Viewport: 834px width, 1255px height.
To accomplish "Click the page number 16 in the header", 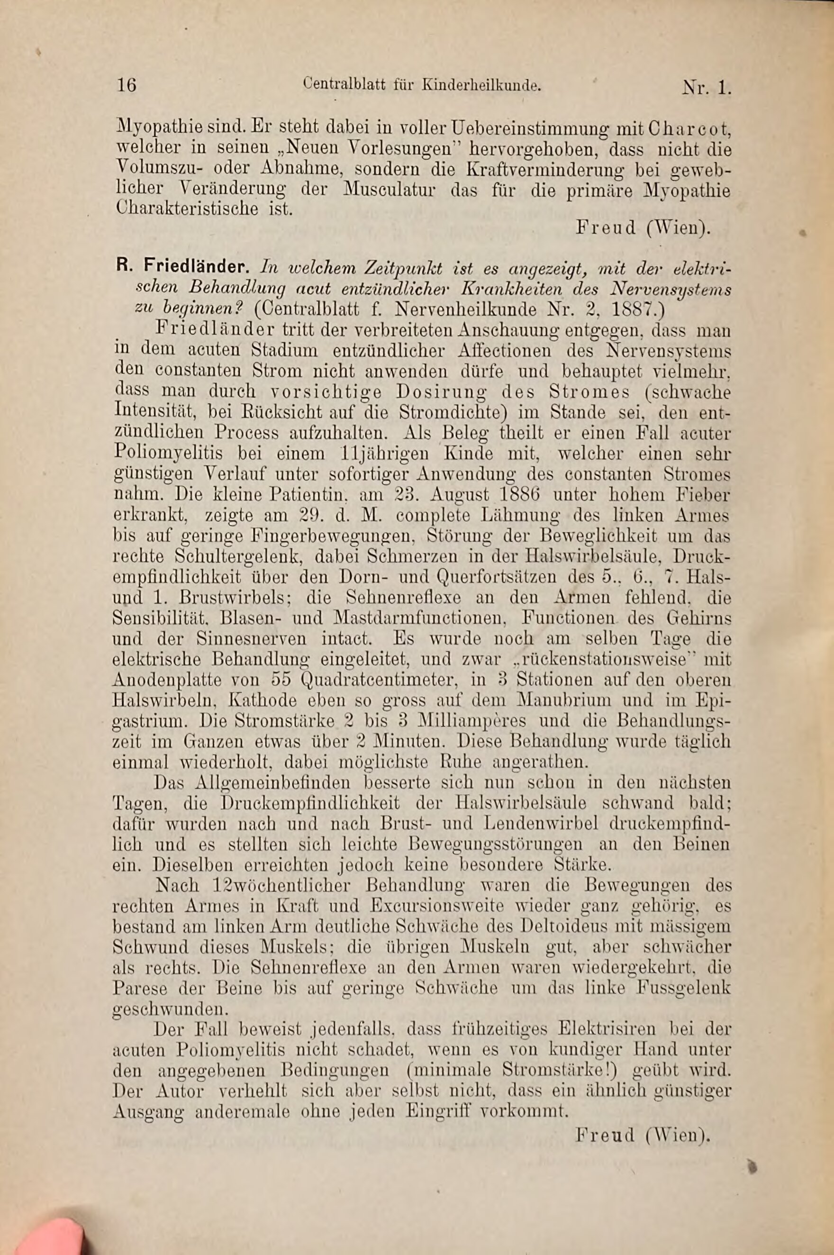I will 127,85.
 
